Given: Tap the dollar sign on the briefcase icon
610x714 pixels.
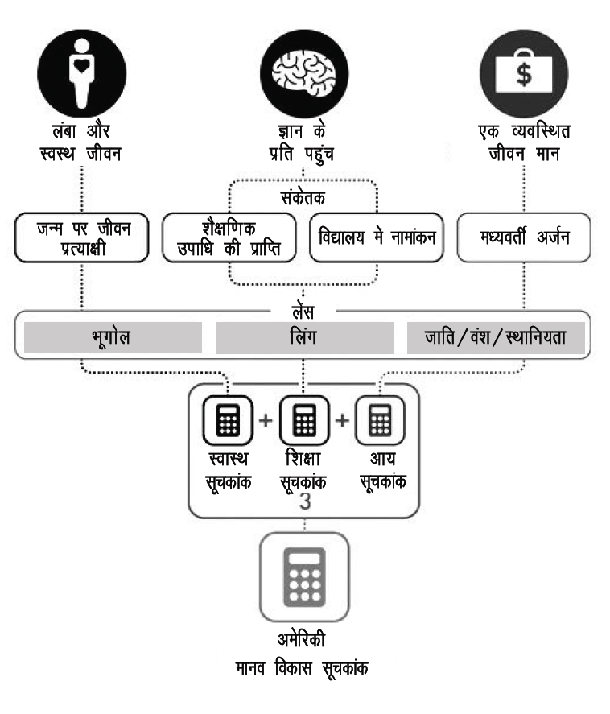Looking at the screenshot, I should point(523,75).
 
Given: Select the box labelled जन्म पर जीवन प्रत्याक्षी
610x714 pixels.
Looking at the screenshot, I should point(82,237).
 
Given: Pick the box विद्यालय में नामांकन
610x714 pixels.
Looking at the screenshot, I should point(377,238).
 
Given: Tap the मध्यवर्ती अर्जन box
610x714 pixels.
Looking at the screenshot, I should point(524,238).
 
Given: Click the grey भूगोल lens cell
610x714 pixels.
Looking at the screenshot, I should point(113,338).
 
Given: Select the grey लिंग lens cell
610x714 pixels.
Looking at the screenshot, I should point(305,338).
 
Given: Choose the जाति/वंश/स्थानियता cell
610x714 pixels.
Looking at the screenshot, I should point(496,338).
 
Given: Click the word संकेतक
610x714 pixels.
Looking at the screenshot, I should point(304,196).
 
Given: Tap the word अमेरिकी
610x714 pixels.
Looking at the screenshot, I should point(304,642).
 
